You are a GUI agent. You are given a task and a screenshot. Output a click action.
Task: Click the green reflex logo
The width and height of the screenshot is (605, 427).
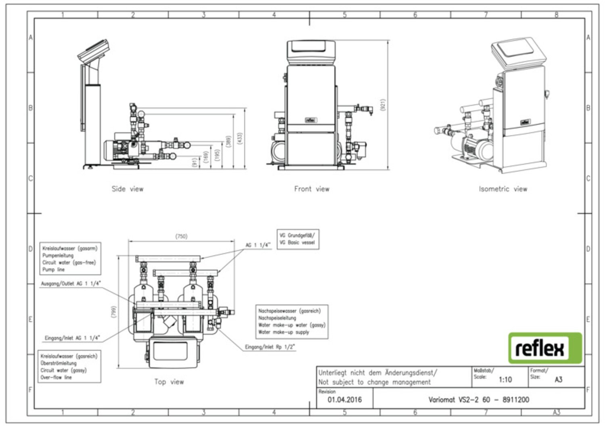coord(545,348)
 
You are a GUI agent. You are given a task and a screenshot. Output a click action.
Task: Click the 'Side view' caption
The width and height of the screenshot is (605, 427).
coord(127,189)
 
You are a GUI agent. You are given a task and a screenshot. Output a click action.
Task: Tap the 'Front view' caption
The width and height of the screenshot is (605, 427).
coord(311,189)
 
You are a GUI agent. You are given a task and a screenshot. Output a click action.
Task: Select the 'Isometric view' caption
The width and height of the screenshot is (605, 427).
coord(503,189)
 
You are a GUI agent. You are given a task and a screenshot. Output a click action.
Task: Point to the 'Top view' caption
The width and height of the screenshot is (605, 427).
coord(169,381)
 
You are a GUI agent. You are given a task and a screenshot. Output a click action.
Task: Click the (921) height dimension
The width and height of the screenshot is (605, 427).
coord(383,105)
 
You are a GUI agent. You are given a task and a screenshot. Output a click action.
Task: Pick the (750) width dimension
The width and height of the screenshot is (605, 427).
coord(181,236)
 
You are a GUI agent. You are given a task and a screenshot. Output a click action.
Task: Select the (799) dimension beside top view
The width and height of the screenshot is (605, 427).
coord(114,311)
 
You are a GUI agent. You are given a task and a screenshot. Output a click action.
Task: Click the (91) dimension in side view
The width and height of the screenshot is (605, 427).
coord(194,162)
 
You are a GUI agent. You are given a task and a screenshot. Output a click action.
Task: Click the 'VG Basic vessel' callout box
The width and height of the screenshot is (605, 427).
coord(297,239)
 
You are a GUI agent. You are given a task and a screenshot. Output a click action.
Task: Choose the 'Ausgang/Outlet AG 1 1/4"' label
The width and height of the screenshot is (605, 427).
coord(71,283)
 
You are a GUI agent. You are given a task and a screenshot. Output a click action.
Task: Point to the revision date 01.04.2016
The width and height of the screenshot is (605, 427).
coord(344,400)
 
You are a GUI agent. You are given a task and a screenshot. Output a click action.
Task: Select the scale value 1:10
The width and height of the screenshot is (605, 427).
coord(505,379)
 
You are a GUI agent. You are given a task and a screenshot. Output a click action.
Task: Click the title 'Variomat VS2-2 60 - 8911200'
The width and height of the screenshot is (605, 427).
coord(478,400)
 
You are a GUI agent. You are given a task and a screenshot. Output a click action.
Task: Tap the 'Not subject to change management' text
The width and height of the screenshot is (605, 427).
coord(374,382)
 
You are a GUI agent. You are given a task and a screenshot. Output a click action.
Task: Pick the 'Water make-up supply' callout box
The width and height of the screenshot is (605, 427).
coord(292,321)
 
